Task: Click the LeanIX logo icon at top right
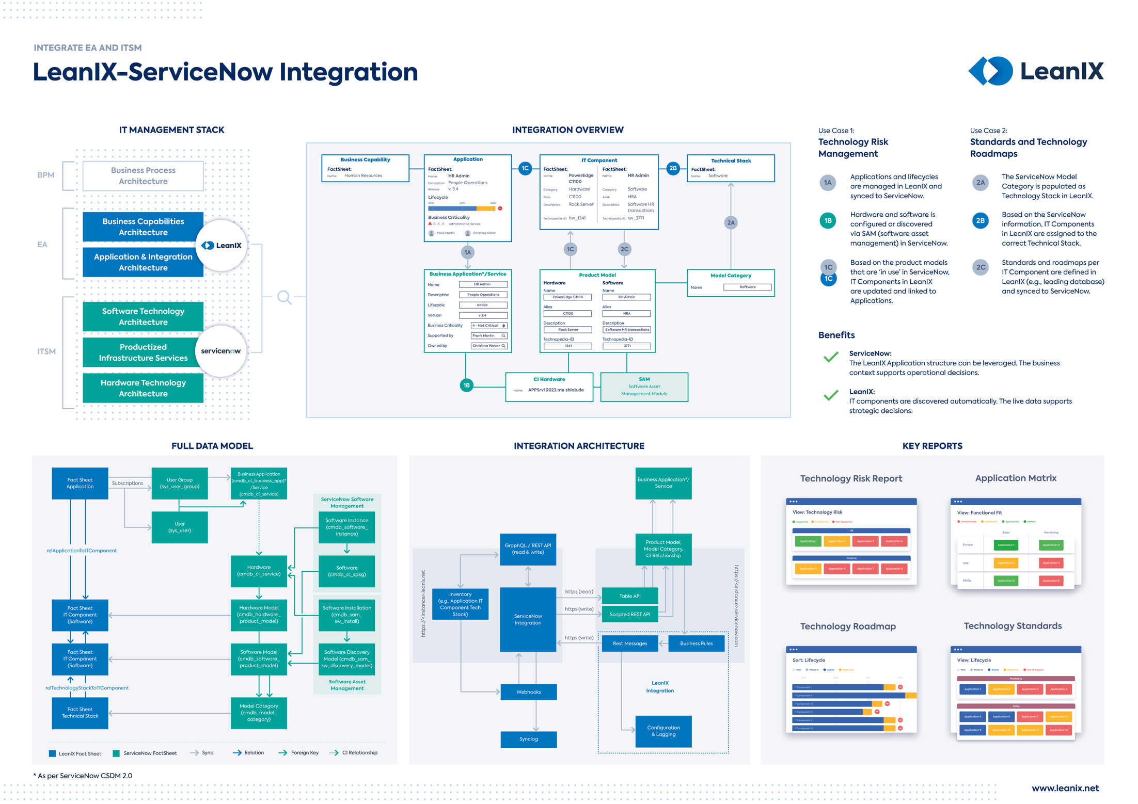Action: pos(990,71)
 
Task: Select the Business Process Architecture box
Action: pos(143,176)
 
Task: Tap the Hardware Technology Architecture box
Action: pos(143,388)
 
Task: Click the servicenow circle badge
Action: pos(221,351)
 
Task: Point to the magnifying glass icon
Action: pos(284,297)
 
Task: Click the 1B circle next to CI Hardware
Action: pos(466,385)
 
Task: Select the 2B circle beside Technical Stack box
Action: pos(673,168)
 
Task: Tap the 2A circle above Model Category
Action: pos(731,223)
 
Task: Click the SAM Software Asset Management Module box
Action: pos(644,387)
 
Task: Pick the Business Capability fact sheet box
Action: pos(365,168)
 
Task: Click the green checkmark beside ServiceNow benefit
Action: pos(831,357)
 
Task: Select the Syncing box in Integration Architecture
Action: pos(528,739)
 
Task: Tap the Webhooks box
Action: pos(528,692)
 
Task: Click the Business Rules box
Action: pos(696,644)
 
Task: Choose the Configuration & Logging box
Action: pos(663,731)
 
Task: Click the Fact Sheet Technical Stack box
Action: pos(80,713)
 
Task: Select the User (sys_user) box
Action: pos(180,527)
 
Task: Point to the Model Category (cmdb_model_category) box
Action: pos(259,713)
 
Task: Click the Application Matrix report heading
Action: pos(1015,478)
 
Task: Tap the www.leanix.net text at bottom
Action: pos(1065,789)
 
